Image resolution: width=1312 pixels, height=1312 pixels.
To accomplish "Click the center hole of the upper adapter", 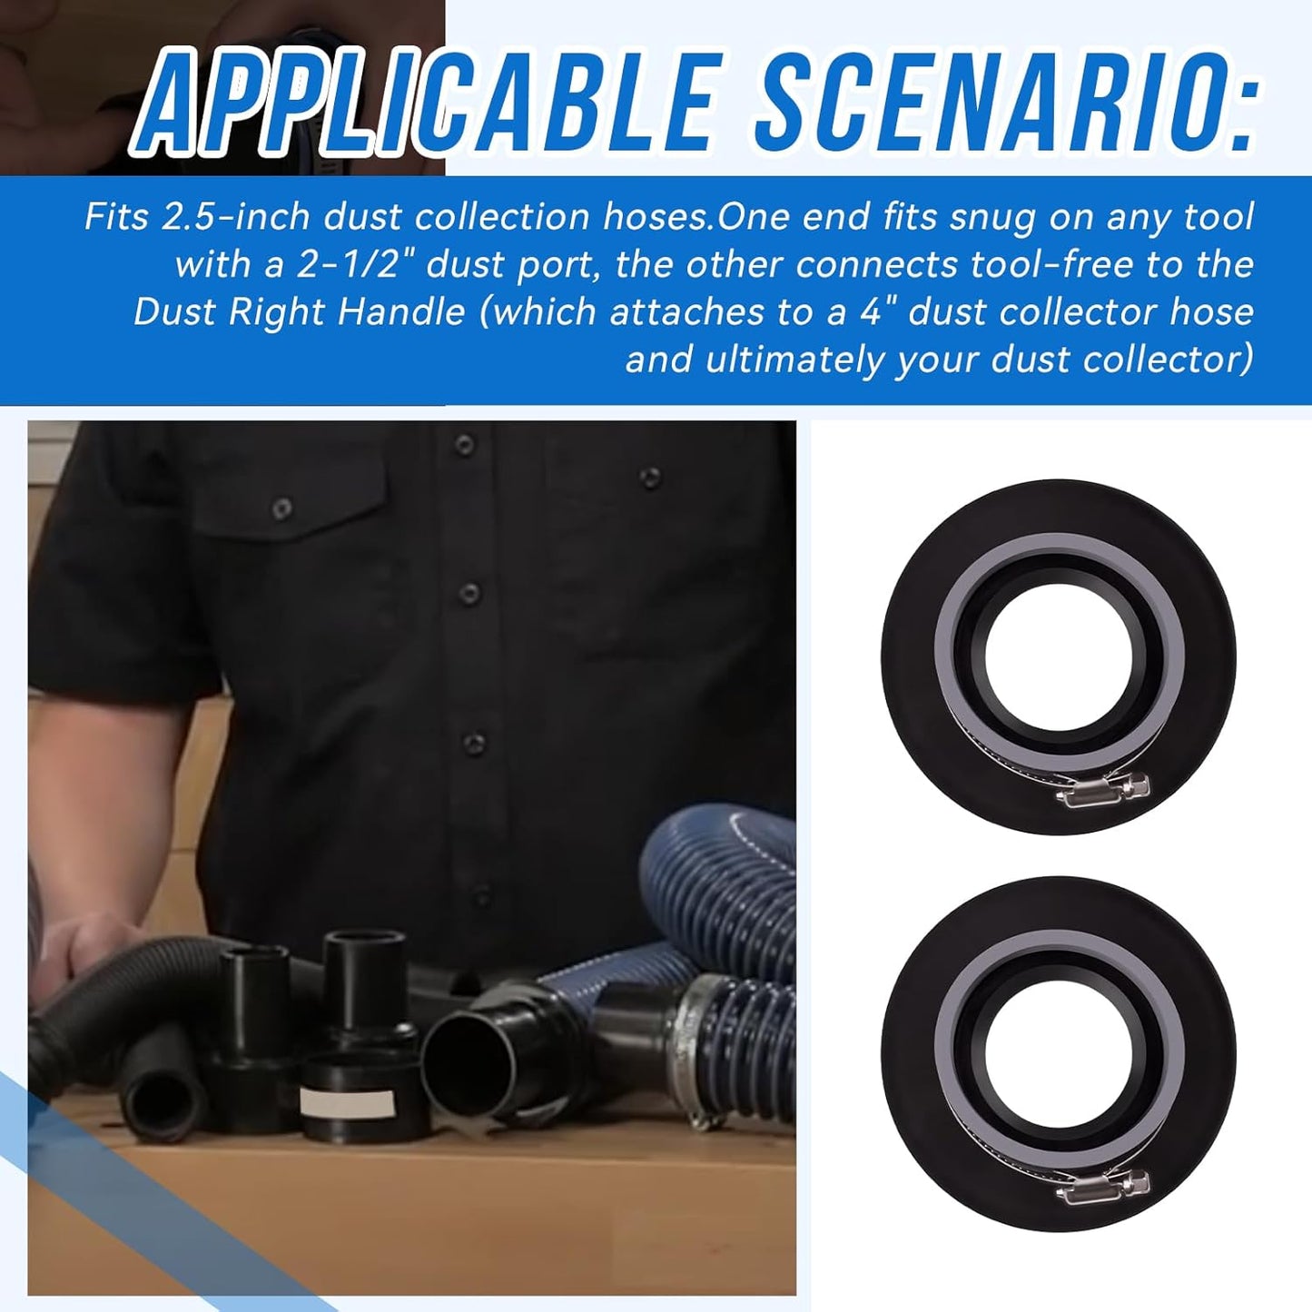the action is click(1059, 656).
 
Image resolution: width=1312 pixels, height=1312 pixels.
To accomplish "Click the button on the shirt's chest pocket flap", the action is click(282, 508).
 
